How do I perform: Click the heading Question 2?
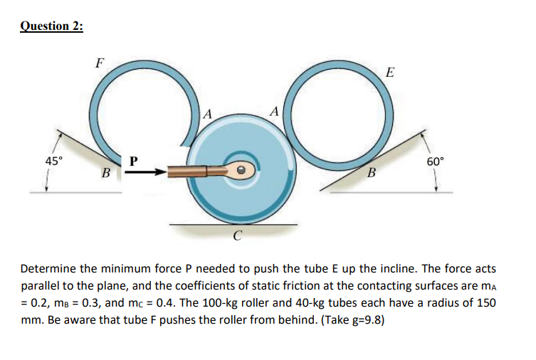coord(51,26)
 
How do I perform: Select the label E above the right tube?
coord(388,73)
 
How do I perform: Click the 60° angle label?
coord(436,162)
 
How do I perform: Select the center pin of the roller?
coord(241,171)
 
